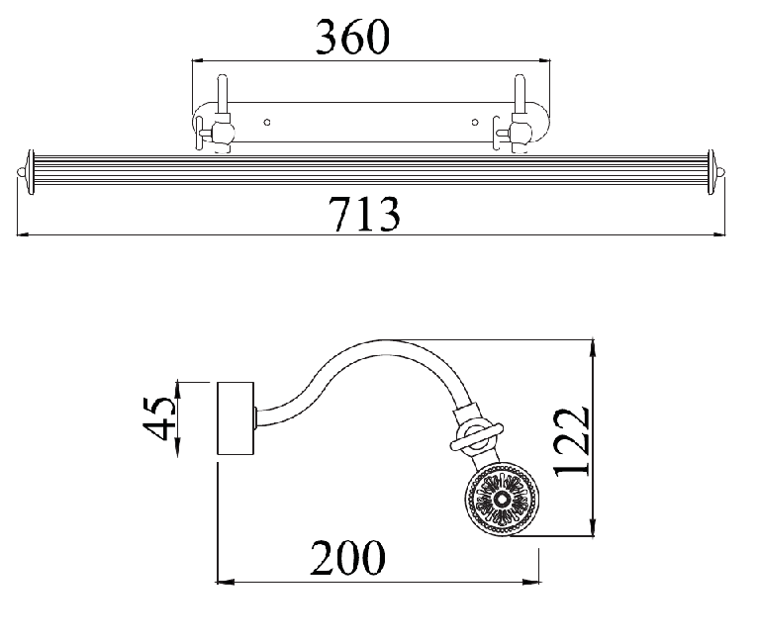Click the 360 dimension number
click(352, 37)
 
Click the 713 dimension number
click(364, 213)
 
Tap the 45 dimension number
click(158, 418)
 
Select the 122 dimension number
click(572, 442)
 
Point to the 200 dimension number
click(347, 557)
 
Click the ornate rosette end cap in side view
click(502, 499)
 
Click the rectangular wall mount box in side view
click(236, 418)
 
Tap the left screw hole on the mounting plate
click(267, 123)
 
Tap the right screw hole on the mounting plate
click(475, 123)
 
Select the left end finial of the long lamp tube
click(27, 172)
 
